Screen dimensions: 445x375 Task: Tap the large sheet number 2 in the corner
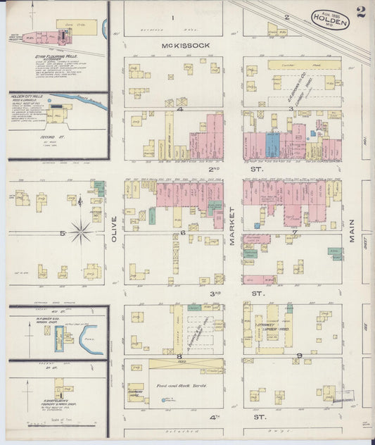point(360,11)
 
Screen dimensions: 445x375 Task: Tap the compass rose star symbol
point(81,229)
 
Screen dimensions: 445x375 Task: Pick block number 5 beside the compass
point(62,232)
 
